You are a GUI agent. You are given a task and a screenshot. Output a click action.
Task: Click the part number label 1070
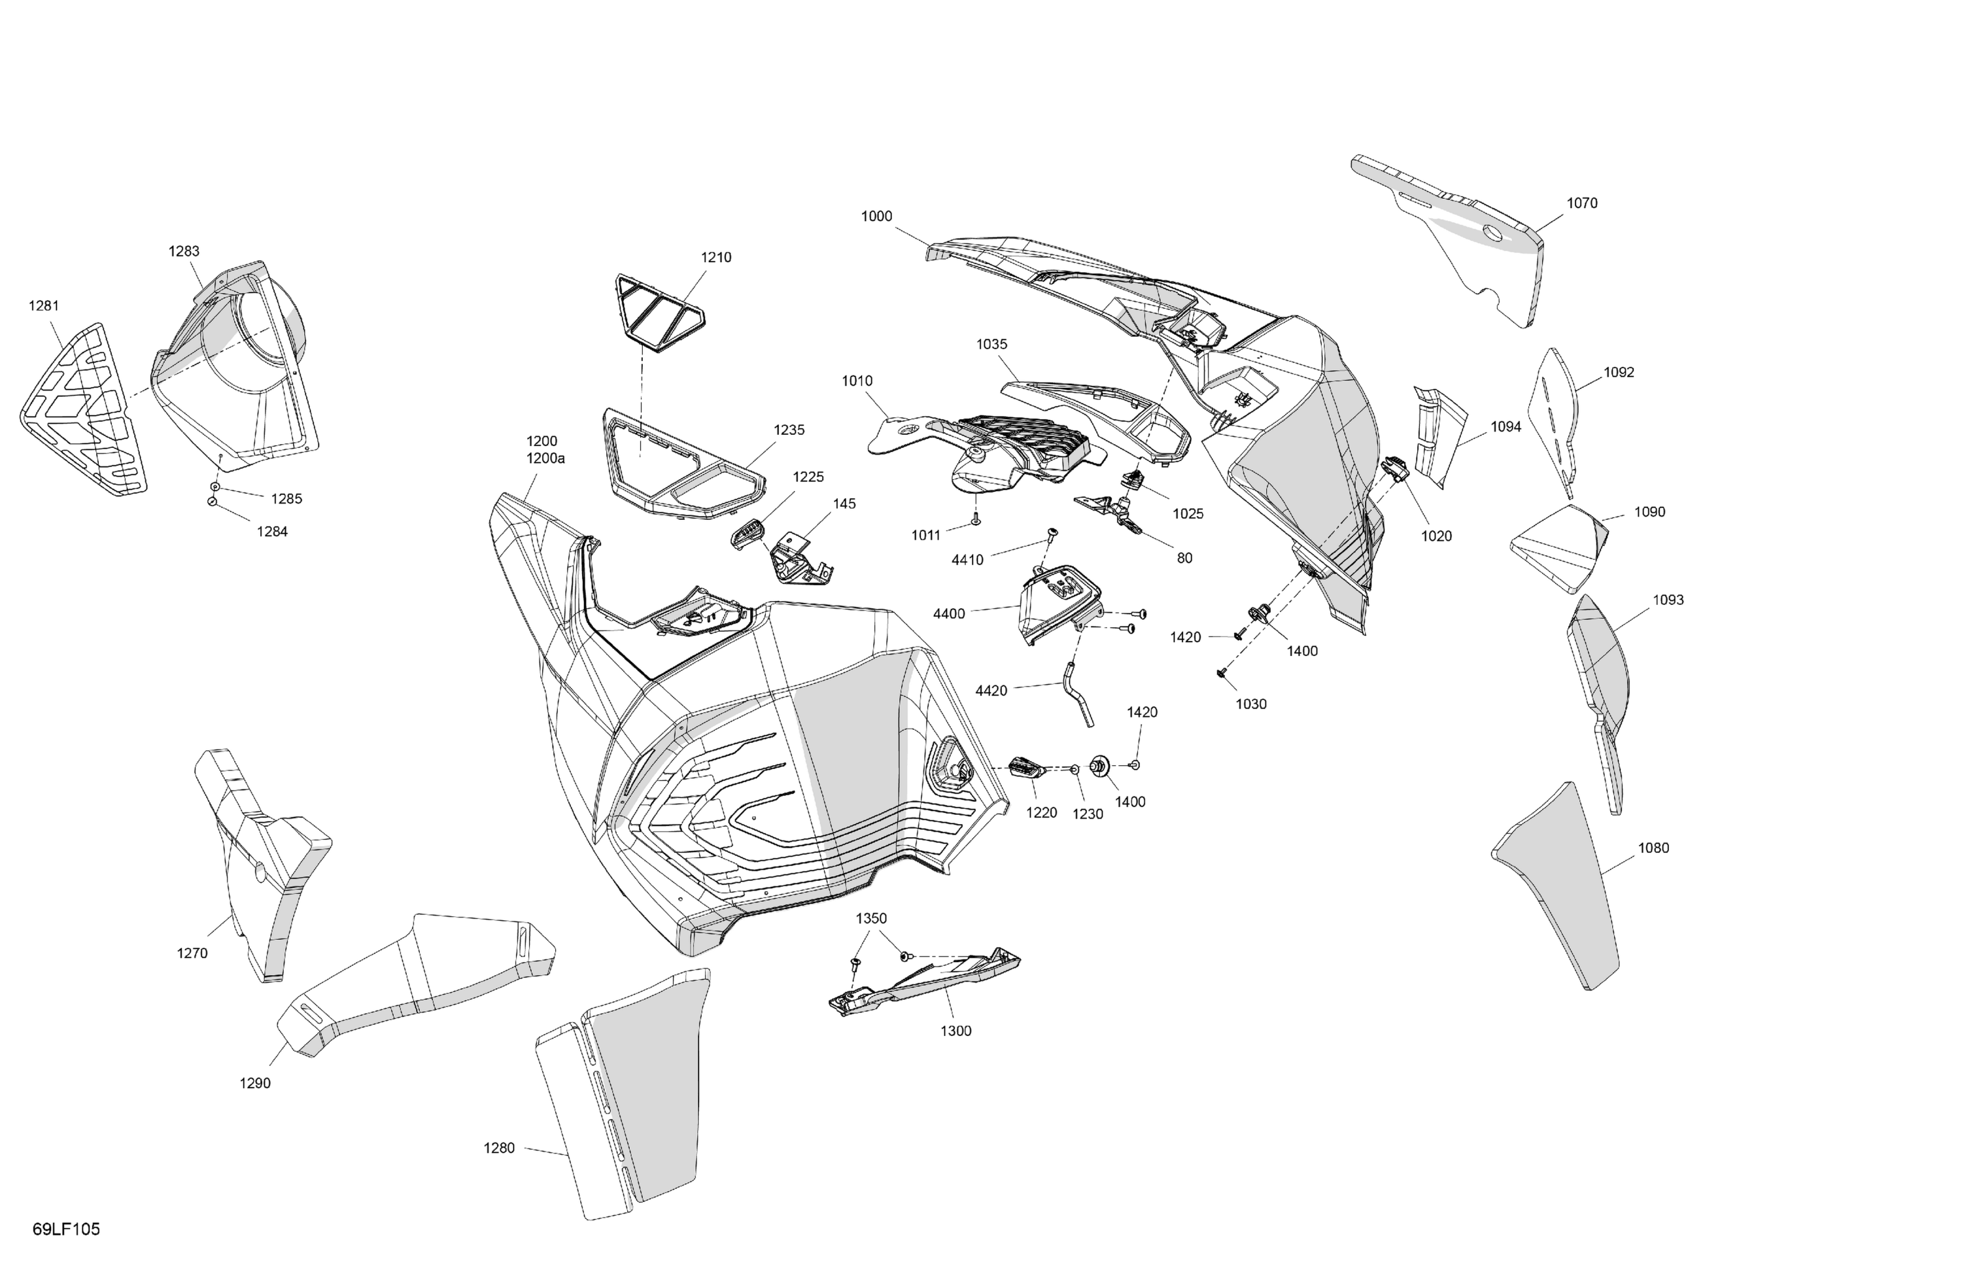click(1581, 203)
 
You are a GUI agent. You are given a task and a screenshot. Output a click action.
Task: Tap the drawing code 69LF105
click(66, 1229)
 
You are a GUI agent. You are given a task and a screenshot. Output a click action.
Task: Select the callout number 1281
click(44, 306)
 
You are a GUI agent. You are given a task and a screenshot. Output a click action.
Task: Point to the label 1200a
click(545, 458)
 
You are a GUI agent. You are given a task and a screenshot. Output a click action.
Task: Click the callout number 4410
click(967, 560)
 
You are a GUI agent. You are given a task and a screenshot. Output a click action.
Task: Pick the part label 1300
click(955, 1031)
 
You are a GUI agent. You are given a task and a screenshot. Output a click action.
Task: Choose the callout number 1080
click(1653, 848)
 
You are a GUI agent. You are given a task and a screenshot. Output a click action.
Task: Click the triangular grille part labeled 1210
click(659, 309)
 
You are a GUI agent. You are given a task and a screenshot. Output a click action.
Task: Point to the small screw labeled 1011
click(976, 519)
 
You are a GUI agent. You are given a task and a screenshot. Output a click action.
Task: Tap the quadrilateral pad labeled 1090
click(1558, 548)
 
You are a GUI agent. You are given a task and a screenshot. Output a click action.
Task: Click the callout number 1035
click(991, 345)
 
